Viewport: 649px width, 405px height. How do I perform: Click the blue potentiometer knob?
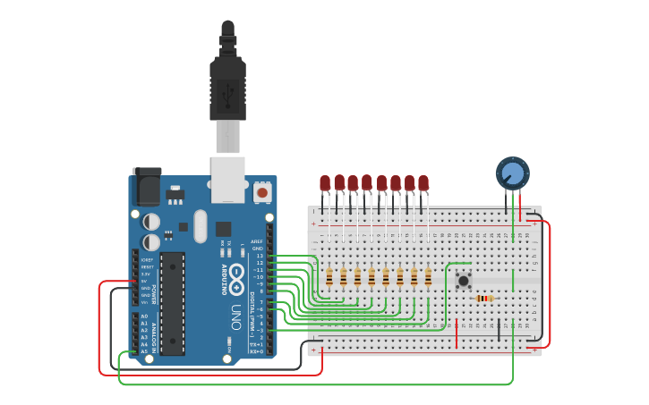pos(513,173)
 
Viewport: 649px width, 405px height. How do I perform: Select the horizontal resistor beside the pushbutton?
pos(484,299)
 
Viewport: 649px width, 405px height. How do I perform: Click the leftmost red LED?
pos(325,182)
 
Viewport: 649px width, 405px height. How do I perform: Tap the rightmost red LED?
pos(423,182)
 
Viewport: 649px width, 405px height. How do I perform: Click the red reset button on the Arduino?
pos(262,191)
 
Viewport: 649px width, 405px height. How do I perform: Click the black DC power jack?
pos(147,188)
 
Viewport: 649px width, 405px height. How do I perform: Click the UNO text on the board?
pos(235,316)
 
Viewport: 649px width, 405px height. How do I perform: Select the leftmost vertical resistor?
pos(329,277)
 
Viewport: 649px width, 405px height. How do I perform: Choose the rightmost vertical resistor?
pos(428,277)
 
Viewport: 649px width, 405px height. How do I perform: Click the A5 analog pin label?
pos(144,351)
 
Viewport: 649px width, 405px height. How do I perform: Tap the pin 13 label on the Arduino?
pos(260,256)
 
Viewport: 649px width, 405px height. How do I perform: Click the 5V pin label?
pos(146,281)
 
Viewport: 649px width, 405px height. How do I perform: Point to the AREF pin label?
pos(258,241)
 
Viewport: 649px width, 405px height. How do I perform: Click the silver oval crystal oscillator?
pos(200,226)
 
